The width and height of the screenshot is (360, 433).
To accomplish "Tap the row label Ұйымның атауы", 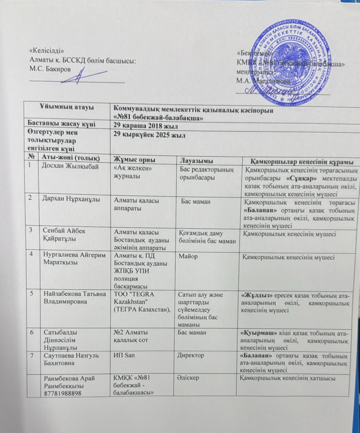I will (66, 108).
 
